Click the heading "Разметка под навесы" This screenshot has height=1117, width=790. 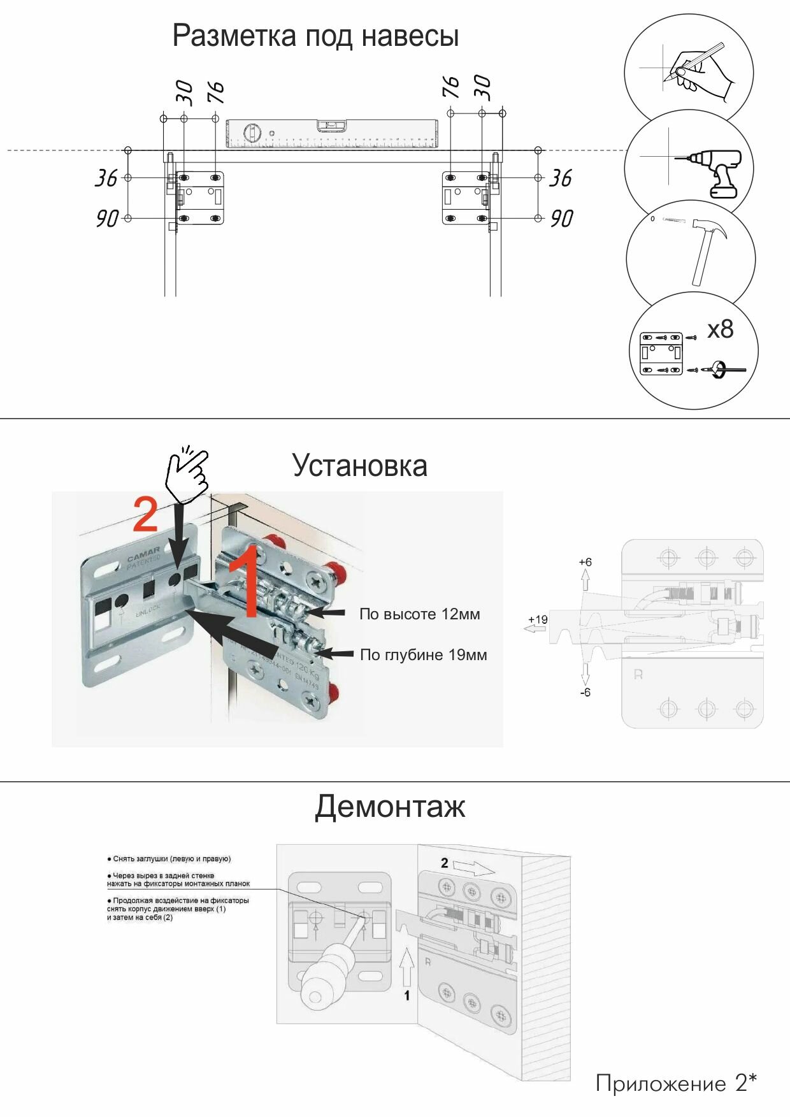315,36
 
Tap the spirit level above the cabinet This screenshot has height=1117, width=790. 332,133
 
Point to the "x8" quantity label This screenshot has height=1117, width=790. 721,329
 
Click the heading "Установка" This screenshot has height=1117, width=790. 359,465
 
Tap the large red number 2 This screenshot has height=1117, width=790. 145,515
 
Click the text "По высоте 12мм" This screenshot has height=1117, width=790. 419,614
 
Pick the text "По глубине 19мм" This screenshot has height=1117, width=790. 423,655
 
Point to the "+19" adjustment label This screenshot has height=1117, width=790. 538,619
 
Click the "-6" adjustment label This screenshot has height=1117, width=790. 585,693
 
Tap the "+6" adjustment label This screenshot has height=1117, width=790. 585,562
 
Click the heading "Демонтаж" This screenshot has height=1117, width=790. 390,807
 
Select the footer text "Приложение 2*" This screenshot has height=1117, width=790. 676,1083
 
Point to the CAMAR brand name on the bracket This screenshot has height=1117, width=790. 143,554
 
